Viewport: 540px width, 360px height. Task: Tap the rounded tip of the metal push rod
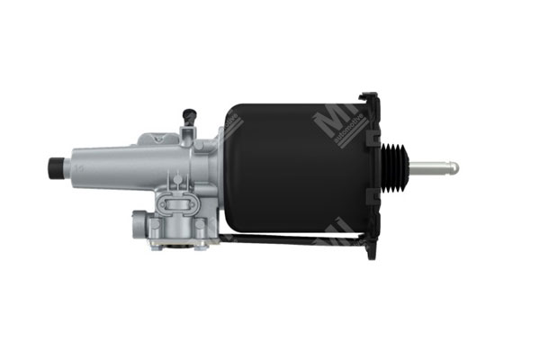coord(454,167)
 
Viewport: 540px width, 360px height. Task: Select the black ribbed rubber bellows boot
coord(395,167)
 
